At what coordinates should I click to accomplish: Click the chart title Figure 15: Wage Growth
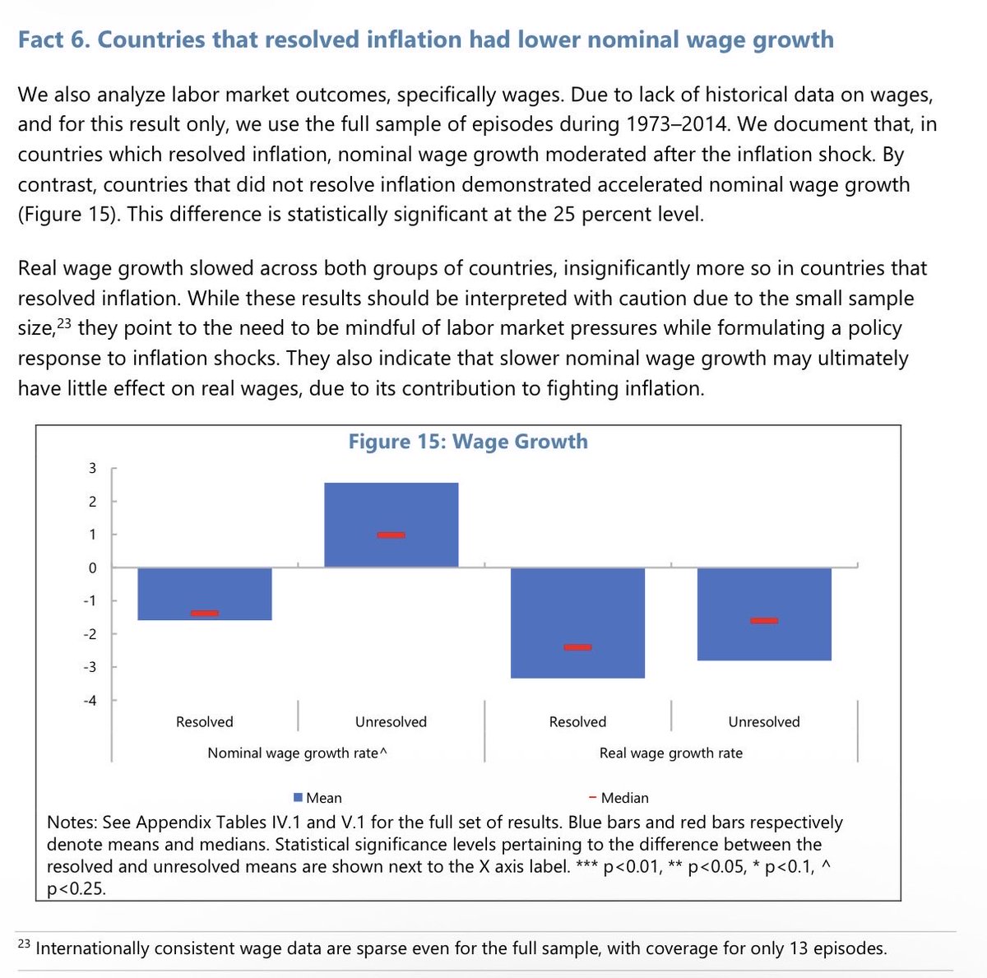[x=468, y=442]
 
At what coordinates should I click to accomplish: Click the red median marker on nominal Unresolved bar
[x=391, y=535]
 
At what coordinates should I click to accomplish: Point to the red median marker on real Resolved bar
[x=577, y=647]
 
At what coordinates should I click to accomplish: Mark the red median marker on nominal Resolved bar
[x=204, y=613]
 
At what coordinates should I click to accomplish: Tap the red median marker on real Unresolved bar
[x=764, y=620]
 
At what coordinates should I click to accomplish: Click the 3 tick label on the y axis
[x=93, y=469]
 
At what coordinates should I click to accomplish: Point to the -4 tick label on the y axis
[x=89, y=701]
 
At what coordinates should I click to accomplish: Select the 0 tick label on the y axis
[x=93, y=568]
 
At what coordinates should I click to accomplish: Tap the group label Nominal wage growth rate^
[x=297, y=753]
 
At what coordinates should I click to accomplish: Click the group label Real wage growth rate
[x=670, y=753]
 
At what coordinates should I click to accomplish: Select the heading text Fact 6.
[x=53, y=39]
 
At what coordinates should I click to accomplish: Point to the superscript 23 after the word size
[x=65, y=324]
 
